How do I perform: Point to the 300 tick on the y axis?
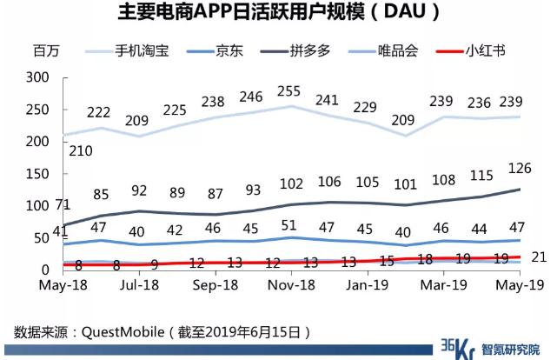point(36,77)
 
